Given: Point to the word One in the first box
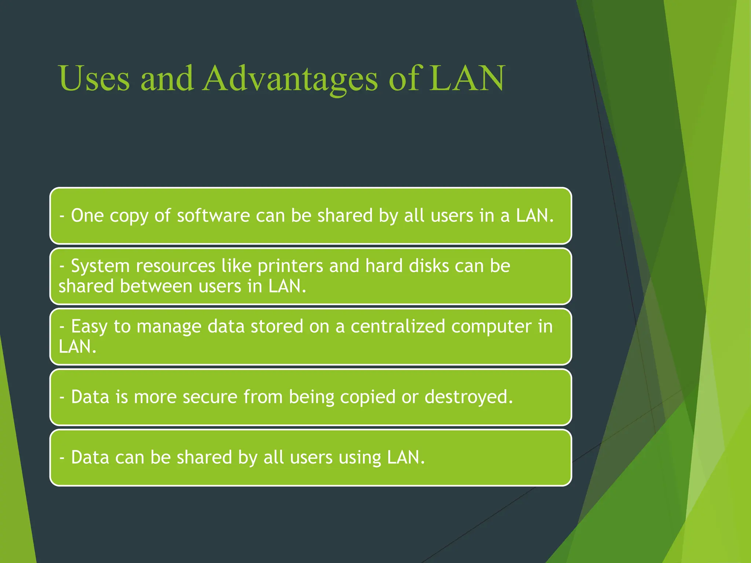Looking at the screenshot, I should (x=87, y=215).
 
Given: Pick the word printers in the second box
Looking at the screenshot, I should (x=290, y=266).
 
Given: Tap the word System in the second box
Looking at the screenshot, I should (x=100, y=266).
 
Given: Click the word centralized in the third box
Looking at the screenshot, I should (x=398, y=326).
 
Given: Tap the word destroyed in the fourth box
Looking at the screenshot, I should (x=468, y=397).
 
